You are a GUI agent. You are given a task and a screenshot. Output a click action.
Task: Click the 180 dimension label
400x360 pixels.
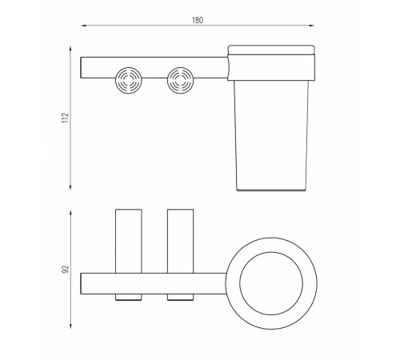pyautogui.click(x=198, y=20)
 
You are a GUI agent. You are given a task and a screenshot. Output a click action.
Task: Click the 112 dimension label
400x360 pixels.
pyautogui.click(x=66, y=118)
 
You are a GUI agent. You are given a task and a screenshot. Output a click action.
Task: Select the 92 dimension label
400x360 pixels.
pyautogui.click(x=66, y=269)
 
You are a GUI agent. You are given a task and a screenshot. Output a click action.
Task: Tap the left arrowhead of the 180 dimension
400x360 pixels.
pyautogui.click(x=83, y=26)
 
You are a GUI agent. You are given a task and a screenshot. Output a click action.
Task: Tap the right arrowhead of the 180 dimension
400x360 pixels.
pyautogui.click(x=311, y=26)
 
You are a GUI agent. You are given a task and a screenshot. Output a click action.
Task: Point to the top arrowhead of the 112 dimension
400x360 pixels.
pyautogui.click(x=70, y=49)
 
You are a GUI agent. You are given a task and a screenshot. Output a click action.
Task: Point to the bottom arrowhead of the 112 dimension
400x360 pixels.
pyautogui.click(x=70, y=187)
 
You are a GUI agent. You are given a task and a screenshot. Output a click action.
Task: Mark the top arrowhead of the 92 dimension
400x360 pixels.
pyautogui.click(x=70, y=213)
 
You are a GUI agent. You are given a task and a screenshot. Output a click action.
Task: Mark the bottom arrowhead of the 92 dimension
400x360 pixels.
pyautogui.click(x=70, y=326)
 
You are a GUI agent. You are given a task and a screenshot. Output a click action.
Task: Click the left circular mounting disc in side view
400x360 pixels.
pyautogui.click(x=129, y=80)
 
